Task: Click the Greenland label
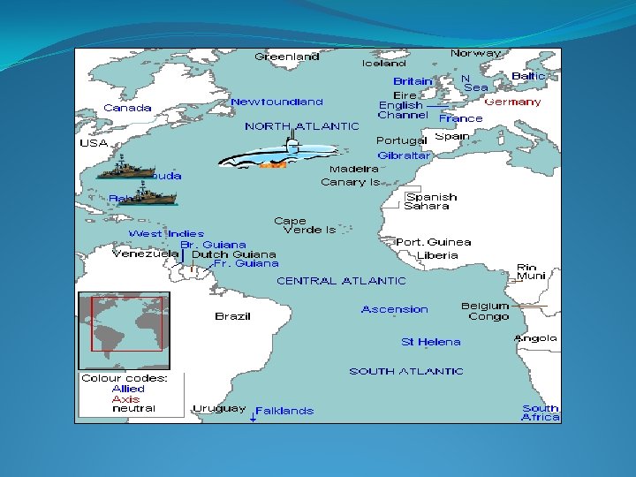[x=287, y=57]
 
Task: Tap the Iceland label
[x=384, y=64]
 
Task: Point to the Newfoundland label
[x=276, y=102]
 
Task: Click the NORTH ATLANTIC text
[x=302, y=126]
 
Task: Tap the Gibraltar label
[x=405, y=155]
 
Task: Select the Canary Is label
[x=350, y=182]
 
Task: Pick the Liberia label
[x=438, y=255]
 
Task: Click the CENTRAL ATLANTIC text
[x=341, y=281]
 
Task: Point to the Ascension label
[x=394, y=309]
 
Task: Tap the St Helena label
[x=430, y=342]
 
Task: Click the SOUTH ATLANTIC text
[x=405, y=371]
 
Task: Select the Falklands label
[x=284, y=411]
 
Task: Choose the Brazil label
[x=232, y=316]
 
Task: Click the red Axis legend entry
[x=125, y=399]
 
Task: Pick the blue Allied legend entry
[x=128, y=389]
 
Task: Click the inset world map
[x=124, y=330]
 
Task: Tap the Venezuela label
[x=145, y=254]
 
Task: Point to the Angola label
[x=536, y=338]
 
